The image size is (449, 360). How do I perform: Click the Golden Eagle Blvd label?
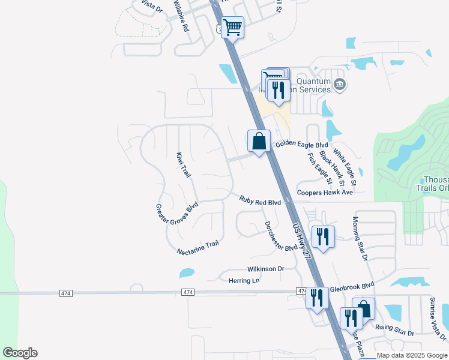tap(302, 145)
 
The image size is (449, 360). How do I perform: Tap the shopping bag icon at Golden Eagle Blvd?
tap(259, 142)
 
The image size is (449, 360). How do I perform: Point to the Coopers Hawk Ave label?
tap(325, 193)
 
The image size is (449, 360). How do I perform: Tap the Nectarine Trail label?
tap(198, 248)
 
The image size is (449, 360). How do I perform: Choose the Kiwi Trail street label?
tap(183, 165)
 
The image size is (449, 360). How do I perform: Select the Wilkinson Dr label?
tap(265, 269)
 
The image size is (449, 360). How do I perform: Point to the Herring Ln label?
tap(243, 280)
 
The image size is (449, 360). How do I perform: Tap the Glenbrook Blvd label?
tap(352, 286)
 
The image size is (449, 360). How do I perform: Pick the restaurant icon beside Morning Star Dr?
tap(323, 236)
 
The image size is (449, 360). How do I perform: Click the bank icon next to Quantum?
tap(340, 84)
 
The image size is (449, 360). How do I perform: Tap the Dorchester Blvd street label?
tap(281, 236)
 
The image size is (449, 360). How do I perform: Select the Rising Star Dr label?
tap(394, 330)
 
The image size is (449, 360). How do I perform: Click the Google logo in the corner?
tap(20, 353)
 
